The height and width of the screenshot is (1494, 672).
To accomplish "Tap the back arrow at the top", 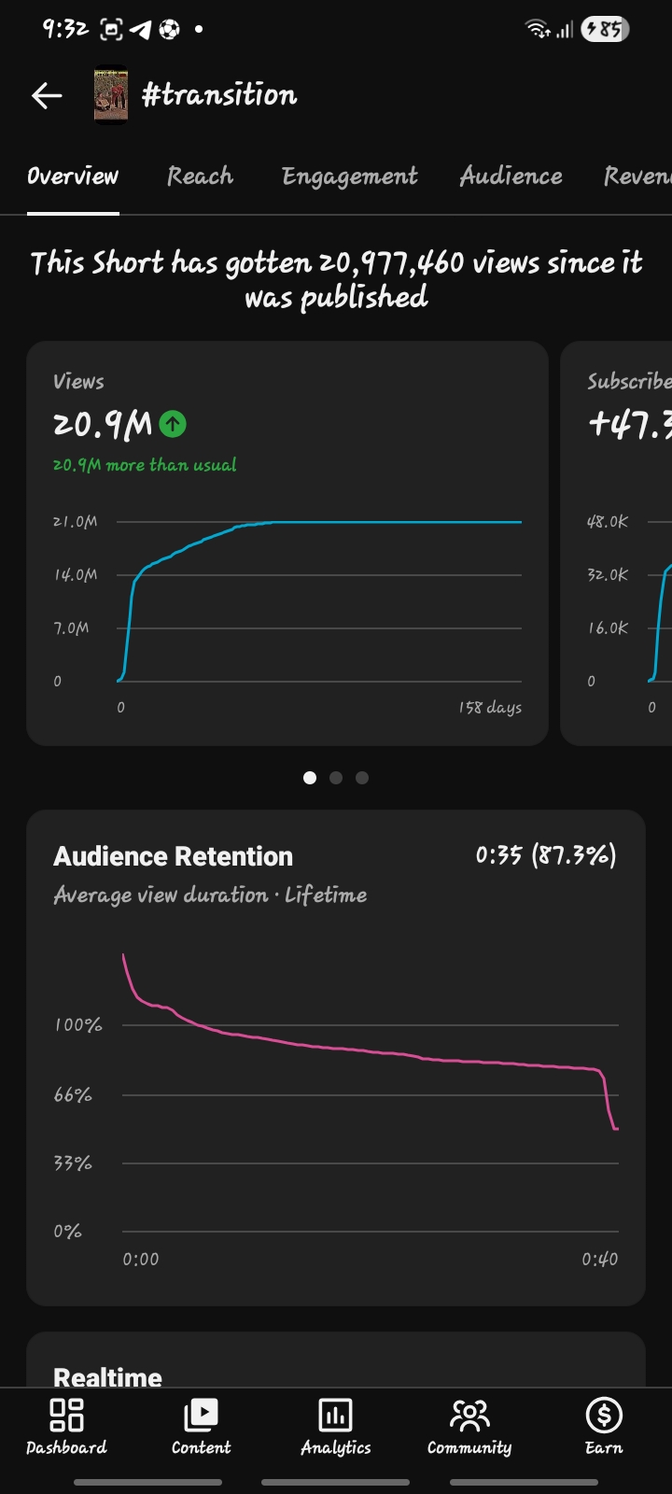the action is pos(47,95).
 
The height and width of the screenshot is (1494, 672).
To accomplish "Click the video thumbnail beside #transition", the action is pos(111,94).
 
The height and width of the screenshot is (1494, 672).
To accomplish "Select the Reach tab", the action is pos(200,176).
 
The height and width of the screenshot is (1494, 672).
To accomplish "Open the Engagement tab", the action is pos(350,176).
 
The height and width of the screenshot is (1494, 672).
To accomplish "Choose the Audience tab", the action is pos(511,176).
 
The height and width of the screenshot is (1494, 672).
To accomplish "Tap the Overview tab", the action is pos(73,176).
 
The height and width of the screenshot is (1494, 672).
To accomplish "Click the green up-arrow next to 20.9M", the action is pos(173,424).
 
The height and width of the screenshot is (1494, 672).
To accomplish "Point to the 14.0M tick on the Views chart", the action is pos(76,574).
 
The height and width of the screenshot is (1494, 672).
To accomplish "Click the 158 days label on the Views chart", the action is pos(490,708).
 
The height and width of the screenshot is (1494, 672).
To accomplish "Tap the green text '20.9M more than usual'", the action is pos(145,465).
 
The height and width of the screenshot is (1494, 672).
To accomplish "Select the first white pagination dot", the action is pos(309,778).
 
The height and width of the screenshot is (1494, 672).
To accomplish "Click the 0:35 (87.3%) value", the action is pos(546,854).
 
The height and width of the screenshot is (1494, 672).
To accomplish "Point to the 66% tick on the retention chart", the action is pos(73,1094).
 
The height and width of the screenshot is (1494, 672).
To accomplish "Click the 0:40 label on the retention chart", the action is pos(599,1260).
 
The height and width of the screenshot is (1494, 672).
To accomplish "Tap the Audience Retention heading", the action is pos(174,856).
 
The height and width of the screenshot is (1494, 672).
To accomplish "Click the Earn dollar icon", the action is pos(604,1415).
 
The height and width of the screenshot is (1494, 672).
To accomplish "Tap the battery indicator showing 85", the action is pos(605,29).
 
